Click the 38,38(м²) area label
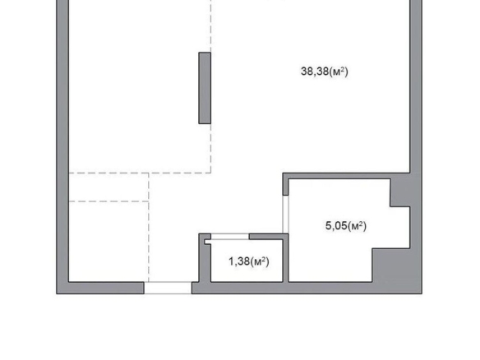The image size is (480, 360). [x=325, y=72]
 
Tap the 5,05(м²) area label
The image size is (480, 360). [x=346, y=226]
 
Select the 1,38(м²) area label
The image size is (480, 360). [x=249, y=261]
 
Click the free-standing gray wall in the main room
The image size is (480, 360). [x=205, y=88]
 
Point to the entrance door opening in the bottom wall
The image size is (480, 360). [x=168, y=288]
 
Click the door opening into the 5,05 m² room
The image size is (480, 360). [x=285, y=215]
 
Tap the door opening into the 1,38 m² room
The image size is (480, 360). [x=230, y=237]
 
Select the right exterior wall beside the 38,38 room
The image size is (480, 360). [x=416, y=86]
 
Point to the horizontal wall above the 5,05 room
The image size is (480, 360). [x=346, y=176]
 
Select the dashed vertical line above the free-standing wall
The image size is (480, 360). [x=211, y=26]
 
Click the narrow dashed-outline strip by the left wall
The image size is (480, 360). [x=108, y=187]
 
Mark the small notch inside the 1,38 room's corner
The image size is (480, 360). [x=208, y=242]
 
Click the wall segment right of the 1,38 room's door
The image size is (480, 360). [x=269, y=237]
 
